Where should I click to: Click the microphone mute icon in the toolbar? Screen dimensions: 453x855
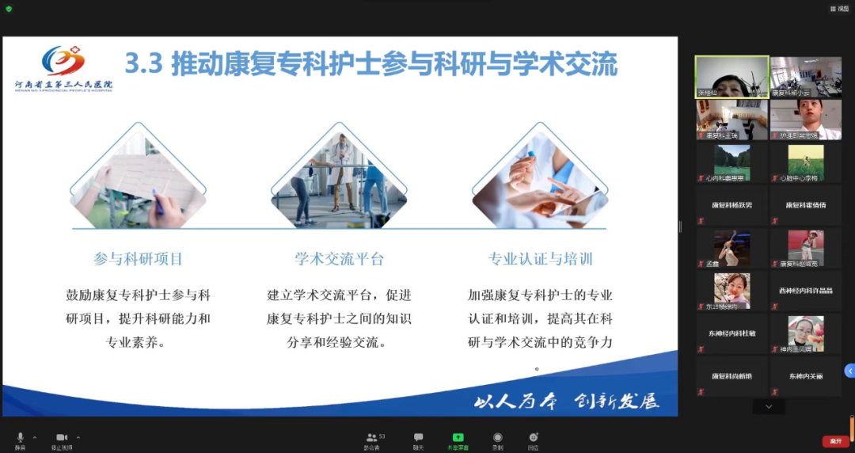point(21,437)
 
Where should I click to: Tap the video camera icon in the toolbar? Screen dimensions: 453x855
point(62,437)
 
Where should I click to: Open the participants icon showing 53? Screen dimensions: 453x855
point(371,437)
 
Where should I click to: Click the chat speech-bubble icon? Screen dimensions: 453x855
point(418,437)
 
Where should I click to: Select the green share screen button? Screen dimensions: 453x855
point(458,437)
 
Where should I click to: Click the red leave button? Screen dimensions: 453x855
point(834,441)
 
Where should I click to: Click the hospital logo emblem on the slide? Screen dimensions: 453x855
point(63,61)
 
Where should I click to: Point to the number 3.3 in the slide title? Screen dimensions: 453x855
point(143,64)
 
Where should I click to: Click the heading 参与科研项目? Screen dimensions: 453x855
point(138,259)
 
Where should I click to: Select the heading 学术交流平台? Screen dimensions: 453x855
point(339,259)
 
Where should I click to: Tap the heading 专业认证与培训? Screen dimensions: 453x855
point(540,259)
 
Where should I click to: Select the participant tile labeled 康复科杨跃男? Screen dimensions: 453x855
point(731,205)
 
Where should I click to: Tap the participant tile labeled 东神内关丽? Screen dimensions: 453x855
point(806,376)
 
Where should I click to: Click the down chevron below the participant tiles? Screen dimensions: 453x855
point(769,406)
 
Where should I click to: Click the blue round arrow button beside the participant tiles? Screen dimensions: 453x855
point(850,371)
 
